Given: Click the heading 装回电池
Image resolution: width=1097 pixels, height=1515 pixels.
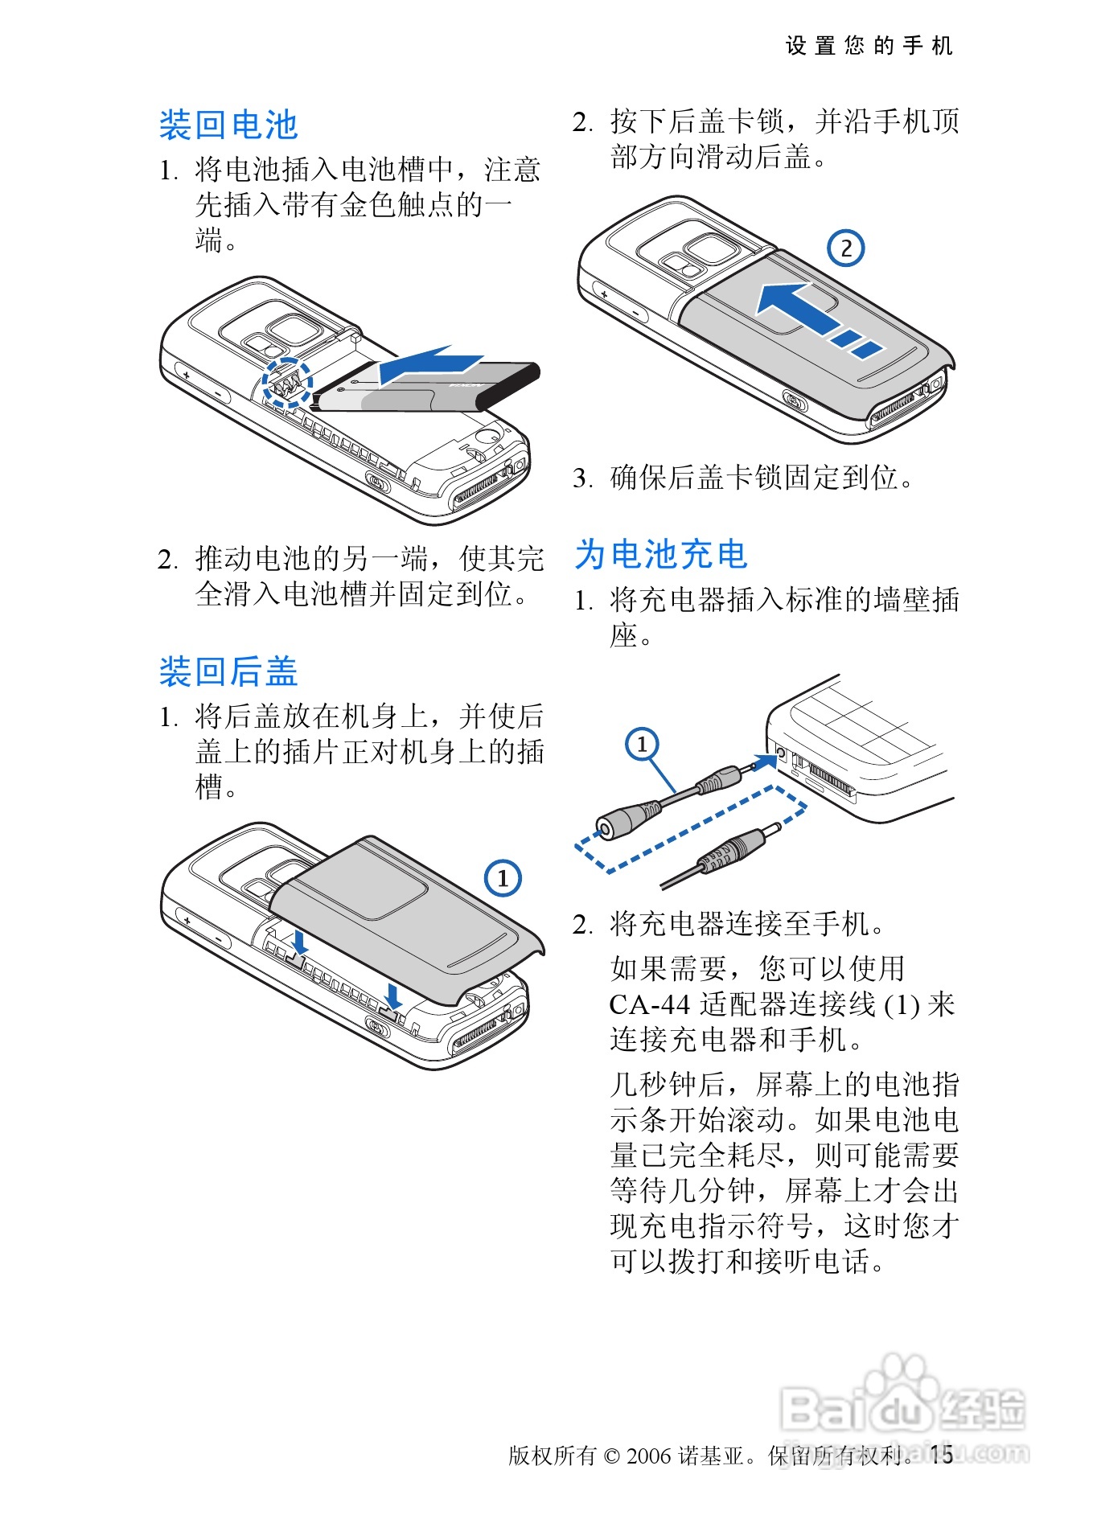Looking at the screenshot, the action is (228, 125).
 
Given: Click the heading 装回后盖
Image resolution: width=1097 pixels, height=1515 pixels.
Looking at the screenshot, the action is (228, 671).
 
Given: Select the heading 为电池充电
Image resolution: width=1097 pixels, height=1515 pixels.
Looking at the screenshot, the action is (662, 554).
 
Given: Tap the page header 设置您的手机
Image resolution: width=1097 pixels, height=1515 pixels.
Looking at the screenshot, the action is (869, 46).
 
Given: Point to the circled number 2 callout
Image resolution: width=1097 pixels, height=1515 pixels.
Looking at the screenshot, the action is (846, 248).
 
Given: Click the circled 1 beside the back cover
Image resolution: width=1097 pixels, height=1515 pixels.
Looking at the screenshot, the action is (503, 877).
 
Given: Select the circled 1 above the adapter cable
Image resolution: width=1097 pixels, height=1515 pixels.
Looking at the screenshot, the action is (642, 744).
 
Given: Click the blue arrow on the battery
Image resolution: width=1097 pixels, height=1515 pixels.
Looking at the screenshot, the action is (431, 366).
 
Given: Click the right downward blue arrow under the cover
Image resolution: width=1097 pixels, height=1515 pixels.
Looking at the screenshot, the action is (393, 994).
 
